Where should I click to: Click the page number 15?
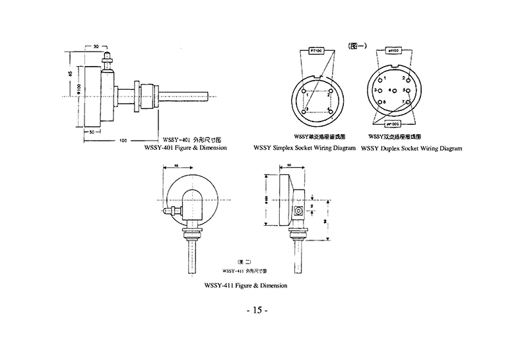257,310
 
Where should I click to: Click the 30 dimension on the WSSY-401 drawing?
96,47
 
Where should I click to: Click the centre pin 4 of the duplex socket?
393,89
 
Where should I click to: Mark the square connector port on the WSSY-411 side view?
299,210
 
